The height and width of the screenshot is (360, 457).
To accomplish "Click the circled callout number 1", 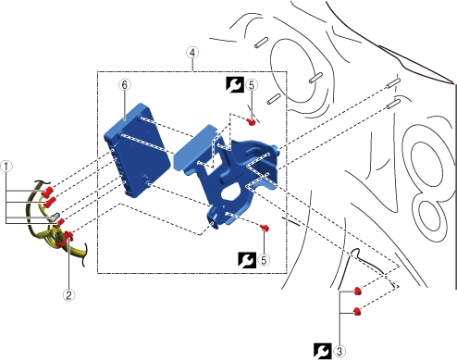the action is (6, 167).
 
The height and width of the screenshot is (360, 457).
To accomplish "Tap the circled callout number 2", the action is (68, 295).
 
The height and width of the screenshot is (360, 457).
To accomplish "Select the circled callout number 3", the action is (340, 351).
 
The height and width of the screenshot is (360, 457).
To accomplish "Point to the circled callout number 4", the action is (192, 53).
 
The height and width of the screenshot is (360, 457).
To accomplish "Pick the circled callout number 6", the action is (125, 84).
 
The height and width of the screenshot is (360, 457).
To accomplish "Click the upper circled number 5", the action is (252, 85).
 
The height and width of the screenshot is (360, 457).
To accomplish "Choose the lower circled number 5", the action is (264, 260).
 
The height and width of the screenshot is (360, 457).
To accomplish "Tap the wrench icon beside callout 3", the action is (323, 351).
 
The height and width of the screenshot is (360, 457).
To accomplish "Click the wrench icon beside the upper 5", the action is (235, 85).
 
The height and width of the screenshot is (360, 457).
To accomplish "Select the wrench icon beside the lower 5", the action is (247, 260).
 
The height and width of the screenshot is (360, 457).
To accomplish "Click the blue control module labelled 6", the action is (137, 150).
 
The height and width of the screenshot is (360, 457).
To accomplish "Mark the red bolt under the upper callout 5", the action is (252, 122).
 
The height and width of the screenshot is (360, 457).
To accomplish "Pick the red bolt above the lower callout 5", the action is (265, 229).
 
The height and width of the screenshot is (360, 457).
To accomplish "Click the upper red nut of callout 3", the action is (357, 291).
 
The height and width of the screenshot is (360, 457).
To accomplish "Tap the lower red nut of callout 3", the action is (357, 311).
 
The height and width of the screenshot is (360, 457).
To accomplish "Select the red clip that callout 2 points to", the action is (68, 236).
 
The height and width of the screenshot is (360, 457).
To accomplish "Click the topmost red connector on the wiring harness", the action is (48, 192).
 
